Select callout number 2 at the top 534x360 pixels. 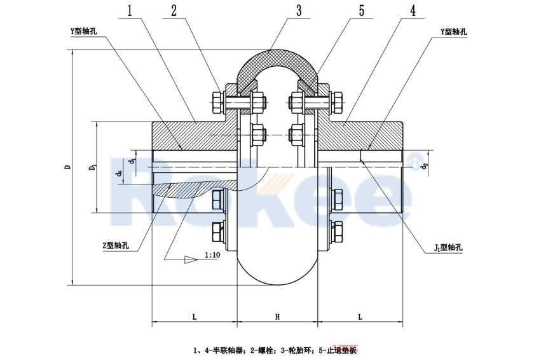174,11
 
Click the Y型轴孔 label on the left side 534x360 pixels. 84,31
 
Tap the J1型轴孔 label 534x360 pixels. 449,245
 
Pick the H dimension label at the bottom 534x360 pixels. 277,316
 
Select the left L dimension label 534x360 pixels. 193,316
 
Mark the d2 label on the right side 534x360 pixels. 425,167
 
